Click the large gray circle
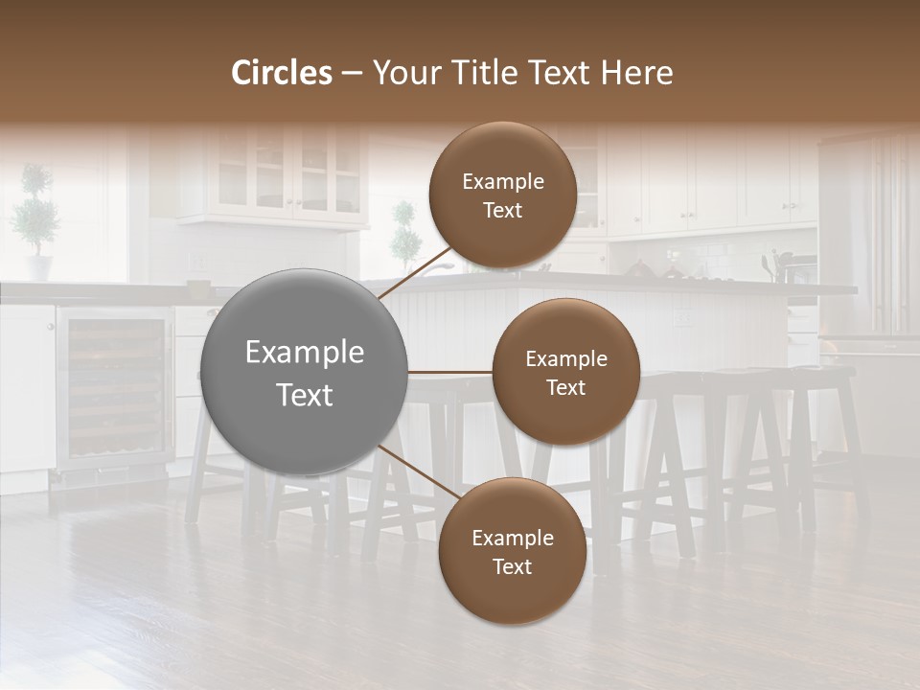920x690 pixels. (x=305, y=372)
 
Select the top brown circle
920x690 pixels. (x=502, y=195)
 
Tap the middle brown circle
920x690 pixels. (x=565, y=372)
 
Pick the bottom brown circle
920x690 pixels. (x=512, y=551)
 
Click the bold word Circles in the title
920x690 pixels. (x=282, y=73)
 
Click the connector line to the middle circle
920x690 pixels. (x=449, y=372)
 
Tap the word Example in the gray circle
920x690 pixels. (x=305, y=353)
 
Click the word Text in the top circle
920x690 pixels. (x=502, y=210)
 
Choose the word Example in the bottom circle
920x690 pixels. (x=512, y=538)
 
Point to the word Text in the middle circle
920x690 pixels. (x=565, y=387)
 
